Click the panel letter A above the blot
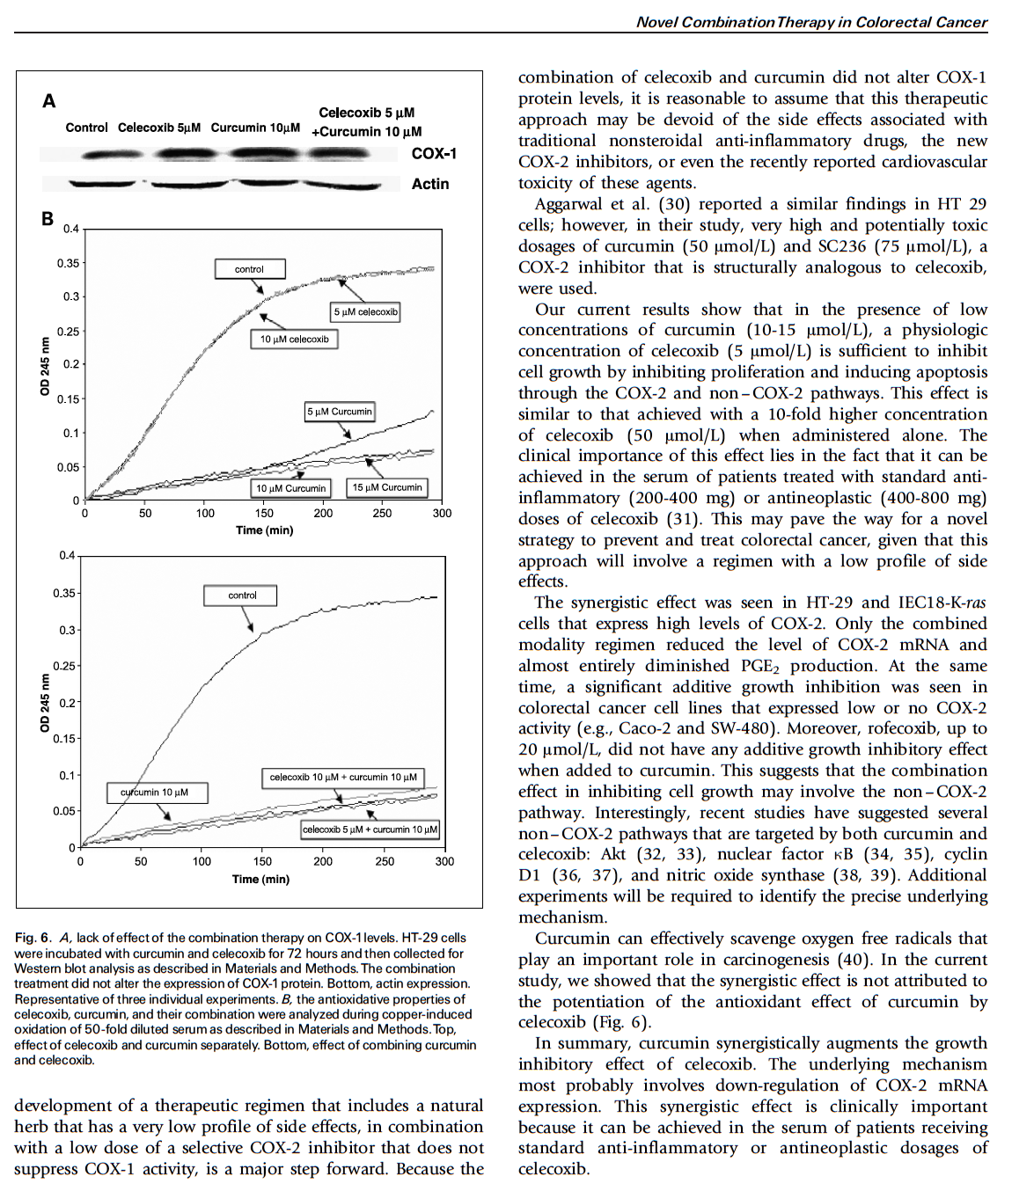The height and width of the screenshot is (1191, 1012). [49, 101]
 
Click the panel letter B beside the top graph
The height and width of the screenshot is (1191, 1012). [48, 219]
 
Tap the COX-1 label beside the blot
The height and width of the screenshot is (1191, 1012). [434, 154]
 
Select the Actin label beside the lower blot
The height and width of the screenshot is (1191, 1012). [430, 184]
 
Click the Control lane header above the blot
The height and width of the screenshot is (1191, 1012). [86, 128]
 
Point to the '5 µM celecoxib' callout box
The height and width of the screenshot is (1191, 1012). [365, 312]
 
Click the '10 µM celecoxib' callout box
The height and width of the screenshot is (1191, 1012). [294, 340]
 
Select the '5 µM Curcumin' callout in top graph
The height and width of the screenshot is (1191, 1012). [340, 412]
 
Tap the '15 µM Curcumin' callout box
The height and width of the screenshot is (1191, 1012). [387, 487]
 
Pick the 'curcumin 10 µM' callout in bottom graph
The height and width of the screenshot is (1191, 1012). [154, 793]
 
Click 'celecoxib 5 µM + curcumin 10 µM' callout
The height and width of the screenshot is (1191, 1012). [370, 829]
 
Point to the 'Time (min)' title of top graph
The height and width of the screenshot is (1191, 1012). [264, 530]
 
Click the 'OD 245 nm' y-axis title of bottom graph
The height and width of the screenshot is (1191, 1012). [44, 703]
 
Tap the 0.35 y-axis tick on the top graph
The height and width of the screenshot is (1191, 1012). [68, 263]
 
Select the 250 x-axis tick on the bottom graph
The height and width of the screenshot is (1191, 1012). [385, 862]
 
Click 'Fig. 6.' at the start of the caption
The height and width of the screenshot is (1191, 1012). [33, 938]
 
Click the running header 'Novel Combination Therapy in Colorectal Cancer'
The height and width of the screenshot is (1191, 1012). [811, 22]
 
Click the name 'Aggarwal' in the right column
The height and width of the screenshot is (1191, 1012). [571, 204]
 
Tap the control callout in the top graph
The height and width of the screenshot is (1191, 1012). [249, 269]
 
